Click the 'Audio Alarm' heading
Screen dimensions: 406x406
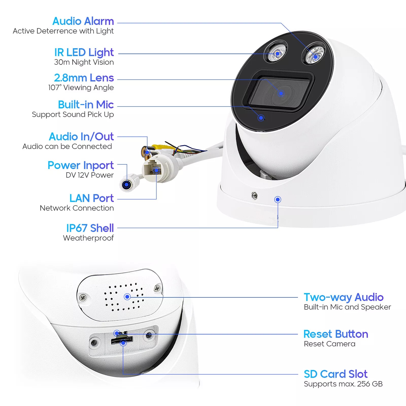tap(83, 21)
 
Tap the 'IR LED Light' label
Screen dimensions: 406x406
tap(84, 53)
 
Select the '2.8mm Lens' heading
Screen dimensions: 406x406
tap(84, 78)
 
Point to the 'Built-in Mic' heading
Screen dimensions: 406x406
tap(86, 105)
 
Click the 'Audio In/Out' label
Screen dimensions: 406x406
tap(81, 137)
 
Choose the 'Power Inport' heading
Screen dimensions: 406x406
tap(81, 165)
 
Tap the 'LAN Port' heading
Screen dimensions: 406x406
tap(92, 198)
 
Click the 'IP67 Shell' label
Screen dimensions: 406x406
tap(90, 228)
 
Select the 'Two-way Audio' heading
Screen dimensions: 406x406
tap(344, 297)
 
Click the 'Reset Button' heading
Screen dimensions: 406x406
tap(336, 334)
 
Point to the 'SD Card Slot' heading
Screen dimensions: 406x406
tap(335, 374)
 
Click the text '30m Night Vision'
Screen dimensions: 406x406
tap(84, 62)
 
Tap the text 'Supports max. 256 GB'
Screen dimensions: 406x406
tap(343, 384)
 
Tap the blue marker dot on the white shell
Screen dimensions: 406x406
tap(278, 200)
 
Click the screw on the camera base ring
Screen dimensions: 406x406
tap(255, 195)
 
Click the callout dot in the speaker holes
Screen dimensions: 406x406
tap(127, 297)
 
